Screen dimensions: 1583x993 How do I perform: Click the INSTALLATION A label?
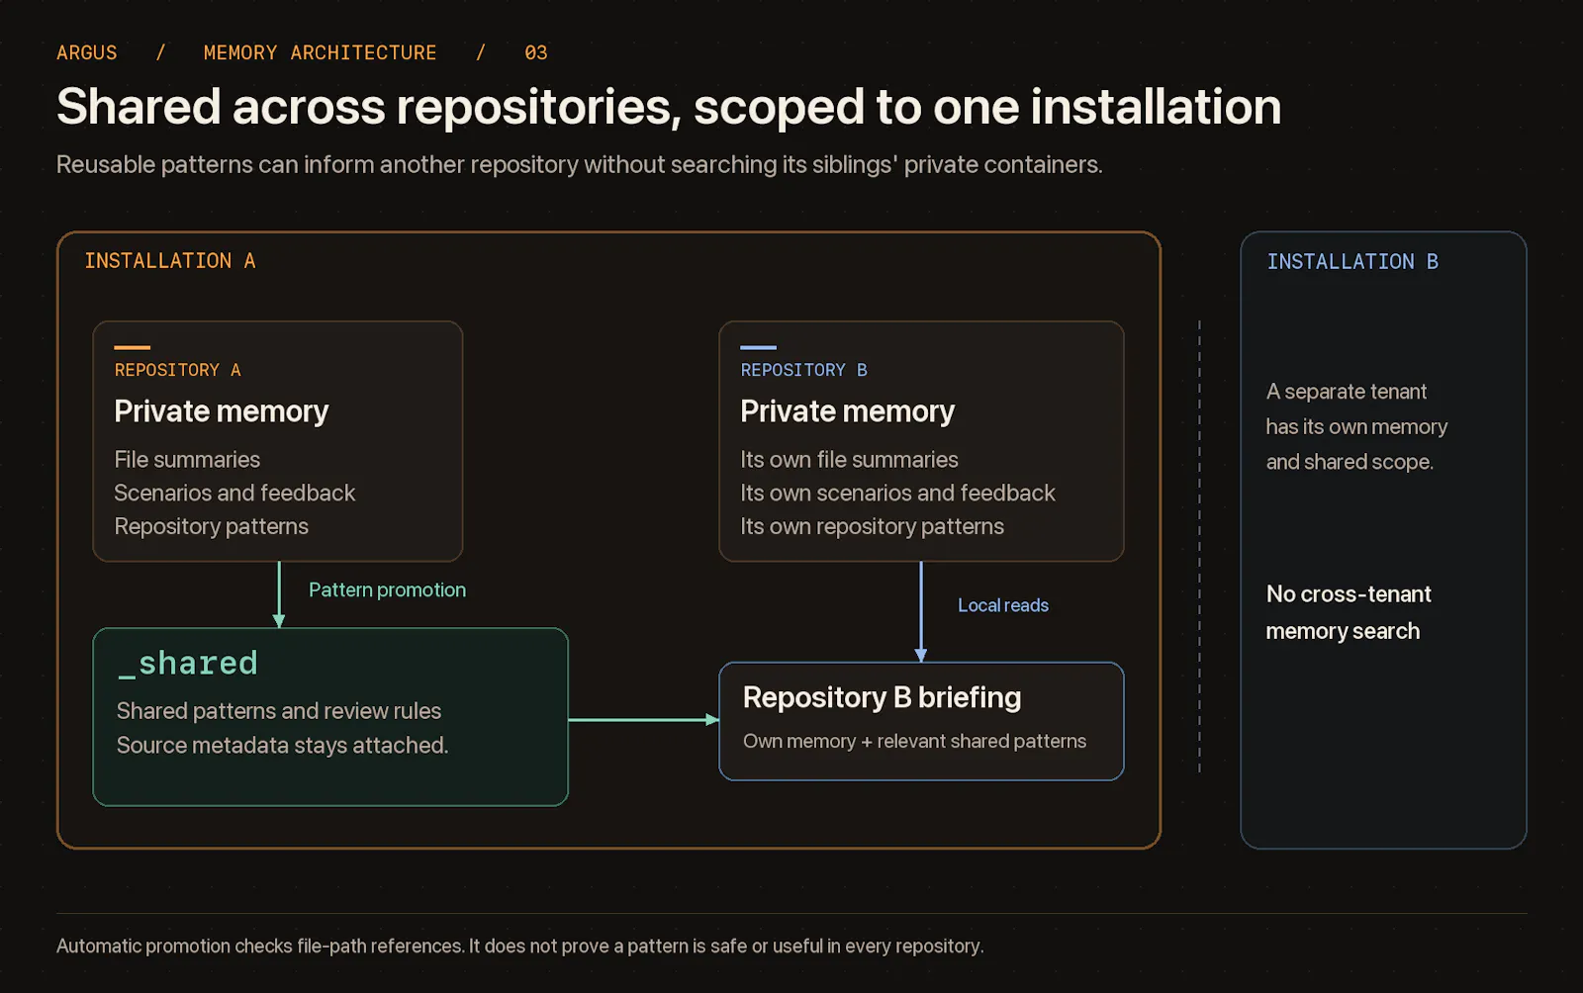[x=169, y=261]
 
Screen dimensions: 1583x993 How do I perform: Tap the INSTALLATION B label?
[x=1351, y=262]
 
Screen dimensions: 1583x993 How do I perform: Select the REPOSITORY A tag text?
[x=177, y=370]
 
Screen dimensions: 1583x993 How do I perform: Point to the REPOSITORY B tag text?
[x=803, y=370]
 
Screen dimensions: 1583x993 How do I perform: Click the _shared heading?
[x=187, y=664]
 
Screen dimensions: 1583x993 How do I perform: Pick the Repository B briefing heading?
[x=882, y=698]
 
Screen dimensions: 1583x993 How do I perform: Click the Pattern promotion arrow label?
[x=387, y=589]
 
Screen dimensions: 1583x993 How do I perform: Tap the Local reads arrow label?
[x=1003, y=605]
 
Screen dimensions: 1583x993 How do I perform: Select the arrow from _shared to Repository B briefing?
[x=644, y=720]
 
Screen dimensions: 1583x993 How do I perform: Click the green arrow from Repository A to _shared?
[x=279, y=594]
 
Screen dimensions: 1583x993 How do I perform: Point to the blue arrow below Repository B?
[x=921, y=611]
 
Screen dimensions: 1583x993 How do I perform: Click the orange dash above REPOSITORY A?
[x=133, y=347]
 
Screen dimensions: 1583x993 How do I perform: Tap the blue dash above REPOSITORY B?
[x=758, y=347]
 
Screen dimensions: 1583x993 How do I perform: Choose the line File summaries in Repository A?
[x=187, y=460]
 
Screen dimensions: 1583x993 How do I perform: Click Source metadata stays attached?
[x=282, y=745]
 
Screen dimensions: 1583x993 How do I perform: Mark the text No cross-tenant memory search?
[x=1349, y=612]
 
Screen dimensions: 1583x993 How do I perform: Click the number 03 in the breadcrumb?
[x=535, y=53]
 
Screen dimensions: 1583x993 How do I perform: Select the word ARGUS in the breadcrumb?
[x=87, y=53]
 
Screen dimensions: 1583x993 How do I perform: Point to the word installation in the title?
[x=1156, y=107]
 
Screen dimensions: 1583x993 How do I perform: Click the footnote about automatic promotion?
[x=520, y=947]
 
